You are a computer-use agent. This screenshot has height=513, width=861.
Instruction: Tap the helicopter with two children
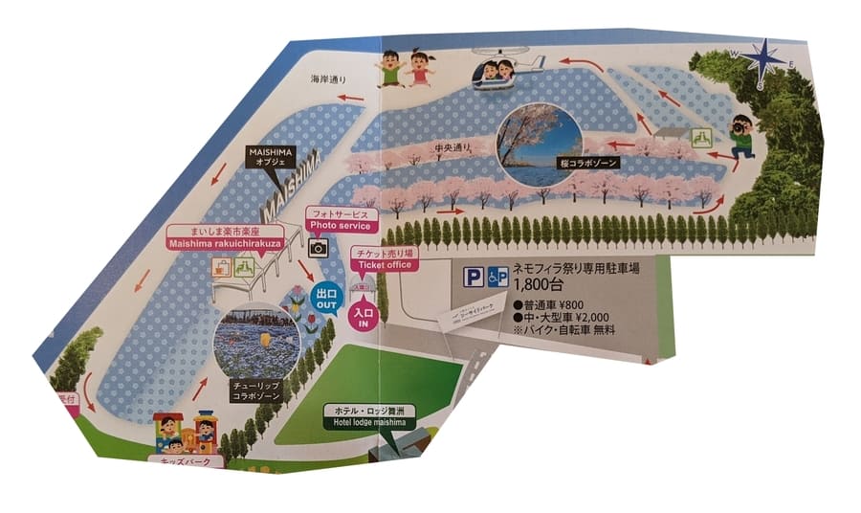(x=503, y=73)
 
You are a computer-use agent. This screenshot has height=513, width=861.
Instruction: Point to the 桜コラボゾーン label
(x=591, y=164)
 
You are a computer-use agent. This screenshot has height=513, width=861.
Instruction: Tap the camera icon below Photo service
(x=319, y=247)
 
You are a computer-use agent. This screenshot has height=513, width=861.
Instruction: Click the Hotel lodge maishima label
(x=370, y=416)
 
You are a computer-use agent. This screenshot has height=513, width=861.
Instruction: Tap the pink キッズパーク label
(x=186, y=460)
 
